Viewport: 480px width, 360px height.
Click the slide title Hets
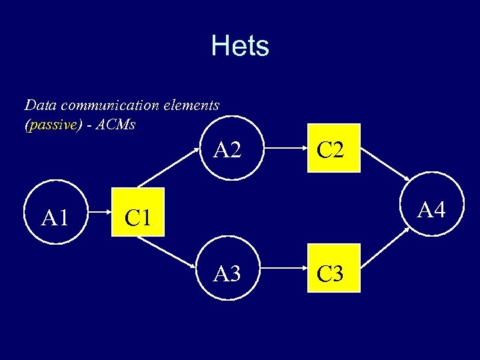click(x=240, y=46)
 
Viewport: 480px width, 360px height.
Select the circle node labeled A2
click(x=228, y=150)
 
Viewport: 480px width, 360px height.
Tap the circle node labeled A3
click(x=228, y=273)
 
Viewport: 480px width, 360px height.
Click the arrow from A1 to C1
click(x=96, y=217)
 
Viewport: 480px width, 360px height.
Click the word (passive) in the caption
click(x=53, y=125)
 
